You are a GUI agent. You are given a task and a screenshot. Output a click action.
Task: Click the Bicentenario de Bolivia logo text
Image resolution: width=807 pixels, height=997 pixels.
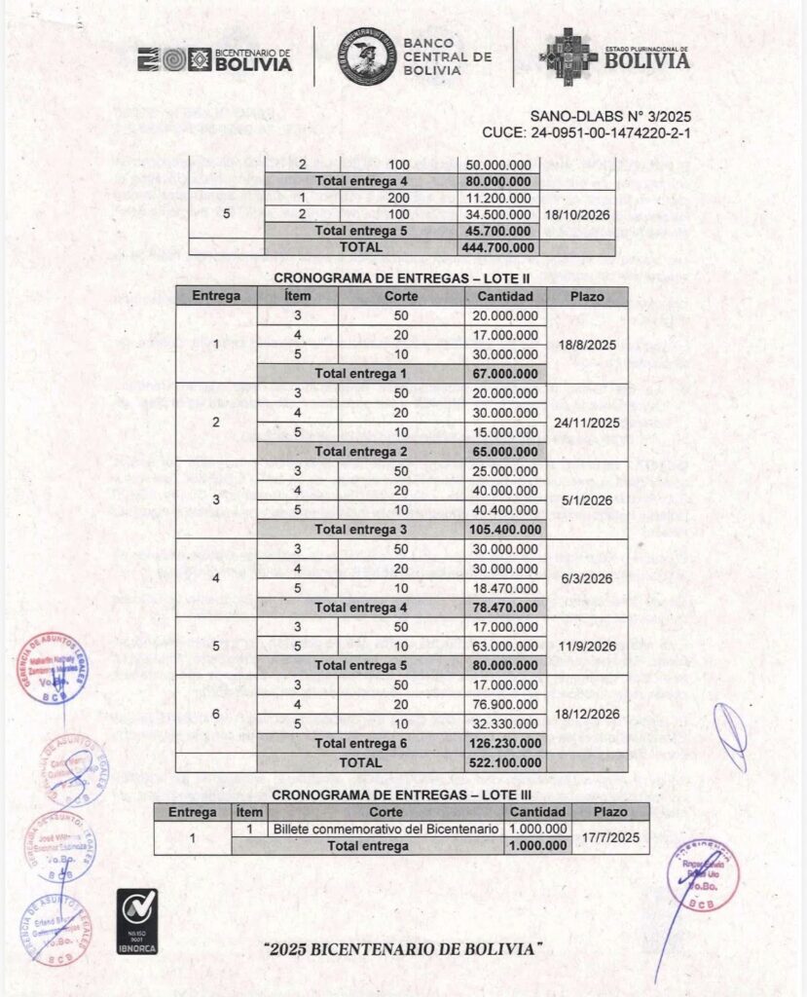coord(240,59)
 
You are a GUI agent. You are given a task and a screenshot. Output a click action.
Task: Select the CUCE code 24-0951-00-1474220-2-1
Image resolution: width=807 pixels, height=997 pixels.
coord(586,132)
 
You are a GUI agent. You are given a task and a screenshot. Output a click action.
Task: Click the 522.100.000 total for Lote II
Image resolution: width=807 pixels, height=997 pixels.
coord(504,762)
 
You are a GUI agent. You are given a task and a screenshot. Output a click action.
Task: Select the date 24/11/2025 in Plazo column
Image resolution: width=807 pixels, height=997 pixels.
coord(588,423)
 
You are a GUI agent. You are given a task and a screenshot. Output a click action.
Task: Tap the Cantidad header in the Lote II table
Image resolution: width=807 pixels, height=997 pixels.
coord(504,295)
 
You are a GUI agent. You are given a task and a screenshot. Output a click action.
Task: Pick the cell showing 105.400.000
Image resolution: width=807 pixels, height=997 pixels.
coord(504,529)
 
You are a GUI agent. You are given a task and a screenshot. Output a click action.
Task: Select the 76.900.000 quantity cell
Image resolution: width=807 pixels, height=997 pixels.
coord(504,704)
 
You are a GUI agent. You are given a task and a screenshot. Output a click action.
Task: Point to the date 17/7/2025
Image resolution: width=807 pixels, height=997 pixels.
coord(609,836)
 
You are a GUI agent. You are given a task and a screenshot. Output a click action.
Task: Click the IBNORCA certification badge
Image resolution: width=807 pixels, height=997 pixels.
coord(136,920)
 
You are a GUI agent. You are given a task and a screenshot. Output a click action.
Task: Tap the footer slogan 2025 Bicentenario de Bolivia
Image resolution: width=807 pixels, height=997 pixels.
coord(404,947)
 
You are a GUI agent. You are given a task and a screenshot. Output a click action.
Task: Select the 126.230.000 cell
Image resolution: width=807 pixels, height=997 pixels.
coord(504,743)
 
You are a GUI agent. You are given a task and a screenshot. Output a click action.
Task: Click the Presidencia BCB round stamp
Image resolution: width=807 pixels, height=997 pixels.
coord(703,873)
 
